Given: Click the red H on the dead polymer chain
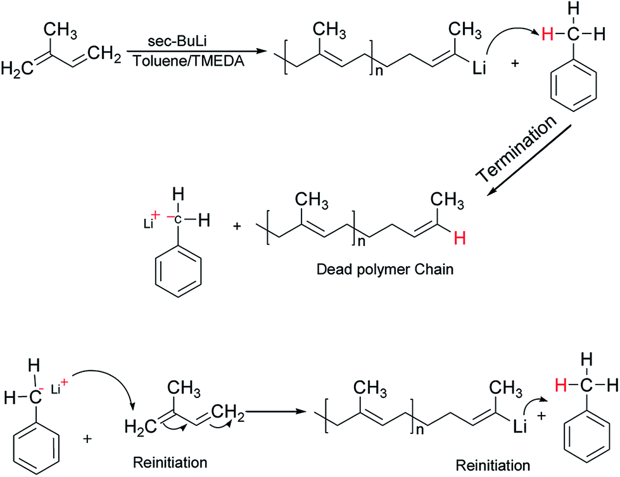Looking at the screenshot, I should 460,238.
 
